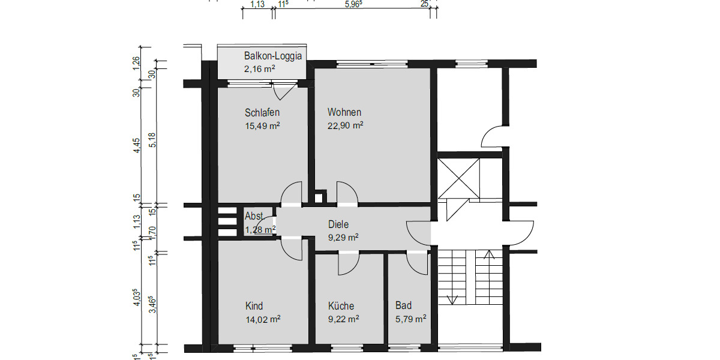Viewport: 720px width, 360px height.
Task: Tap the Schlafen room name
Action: coord(262,112)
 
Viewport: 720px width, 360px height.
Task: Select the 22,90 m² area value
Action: coord(346,125)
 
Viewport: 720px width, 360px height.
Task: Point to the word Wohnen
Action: coord(344,112)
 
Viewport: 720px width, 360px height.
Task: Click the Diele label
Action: coord(338,224)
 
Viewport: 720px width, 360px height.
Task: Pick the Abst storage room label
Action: coord(254,217)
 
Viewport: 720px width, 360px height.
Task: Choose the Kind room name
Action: coord(254,305)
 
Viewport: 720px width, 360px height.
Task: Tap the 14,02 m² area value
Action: coord(263,319)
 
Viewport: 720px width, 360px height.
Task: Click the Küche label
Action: coord(341,305)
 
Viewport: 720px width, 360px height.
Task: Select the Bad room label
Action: coord(403,305)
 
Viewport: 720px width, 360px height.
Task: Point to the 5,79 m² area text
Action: coord(410,319)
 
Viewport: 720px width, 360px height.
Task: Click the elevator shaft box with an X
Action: coord(459,178)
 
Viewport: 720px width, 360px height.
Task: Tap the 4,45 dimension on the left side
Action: coord(137,146)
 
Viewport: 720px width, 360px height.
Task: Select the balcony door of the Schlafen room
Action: coord(284,92)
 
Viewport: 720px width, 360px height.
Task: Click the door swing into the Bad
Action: coord(416,262)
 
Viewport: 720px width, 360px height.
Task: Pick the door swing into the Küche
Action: coord(348,263)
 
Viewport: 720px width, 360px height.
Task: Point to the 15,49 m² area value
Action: coord(263,126)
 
